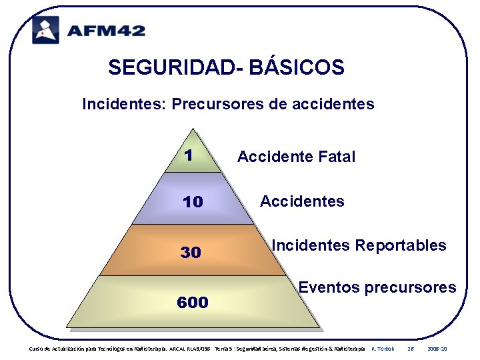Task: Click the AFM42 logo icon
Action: coord(45,29)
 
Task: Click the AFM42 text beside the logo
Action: coord(106,30)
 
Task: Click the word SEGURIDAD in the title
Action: coord(174,67)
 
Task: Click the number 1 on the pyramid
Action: coord(189,155)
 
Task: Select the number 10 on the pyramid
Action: coord(193,202)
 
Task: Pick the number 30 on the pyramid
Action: coord(191,253)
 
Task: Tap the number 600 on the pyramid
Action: coord(193,303)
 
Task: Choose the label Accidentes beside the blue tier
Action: coord(302,201)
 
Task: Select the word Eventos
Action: coord(329,288)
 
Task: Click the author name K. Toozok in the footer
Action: coord(383,349)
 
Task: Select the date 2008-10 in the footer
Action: coord(437,349)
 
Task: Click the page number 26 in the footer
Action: coord(411,349)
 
